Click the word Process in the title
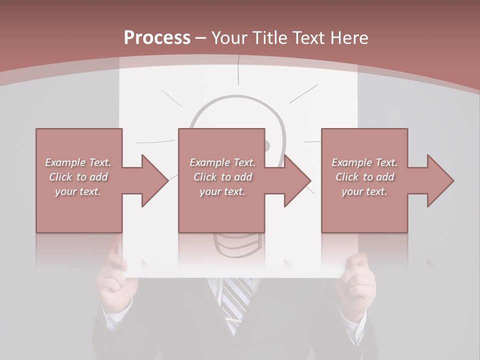click(x=157, y=38)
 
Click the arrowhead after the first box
click(x=153, y=180)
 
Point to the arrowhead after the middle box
click(x=296, y=180)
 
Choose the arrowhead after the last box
click(x=439, y=180)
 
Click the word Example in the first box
click(x=65, y=162)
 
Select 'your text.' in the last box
click(x=364, y=191)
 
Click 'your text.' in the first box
click(x=78, y=191)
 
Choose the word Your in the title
click(x=229, y=38)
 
